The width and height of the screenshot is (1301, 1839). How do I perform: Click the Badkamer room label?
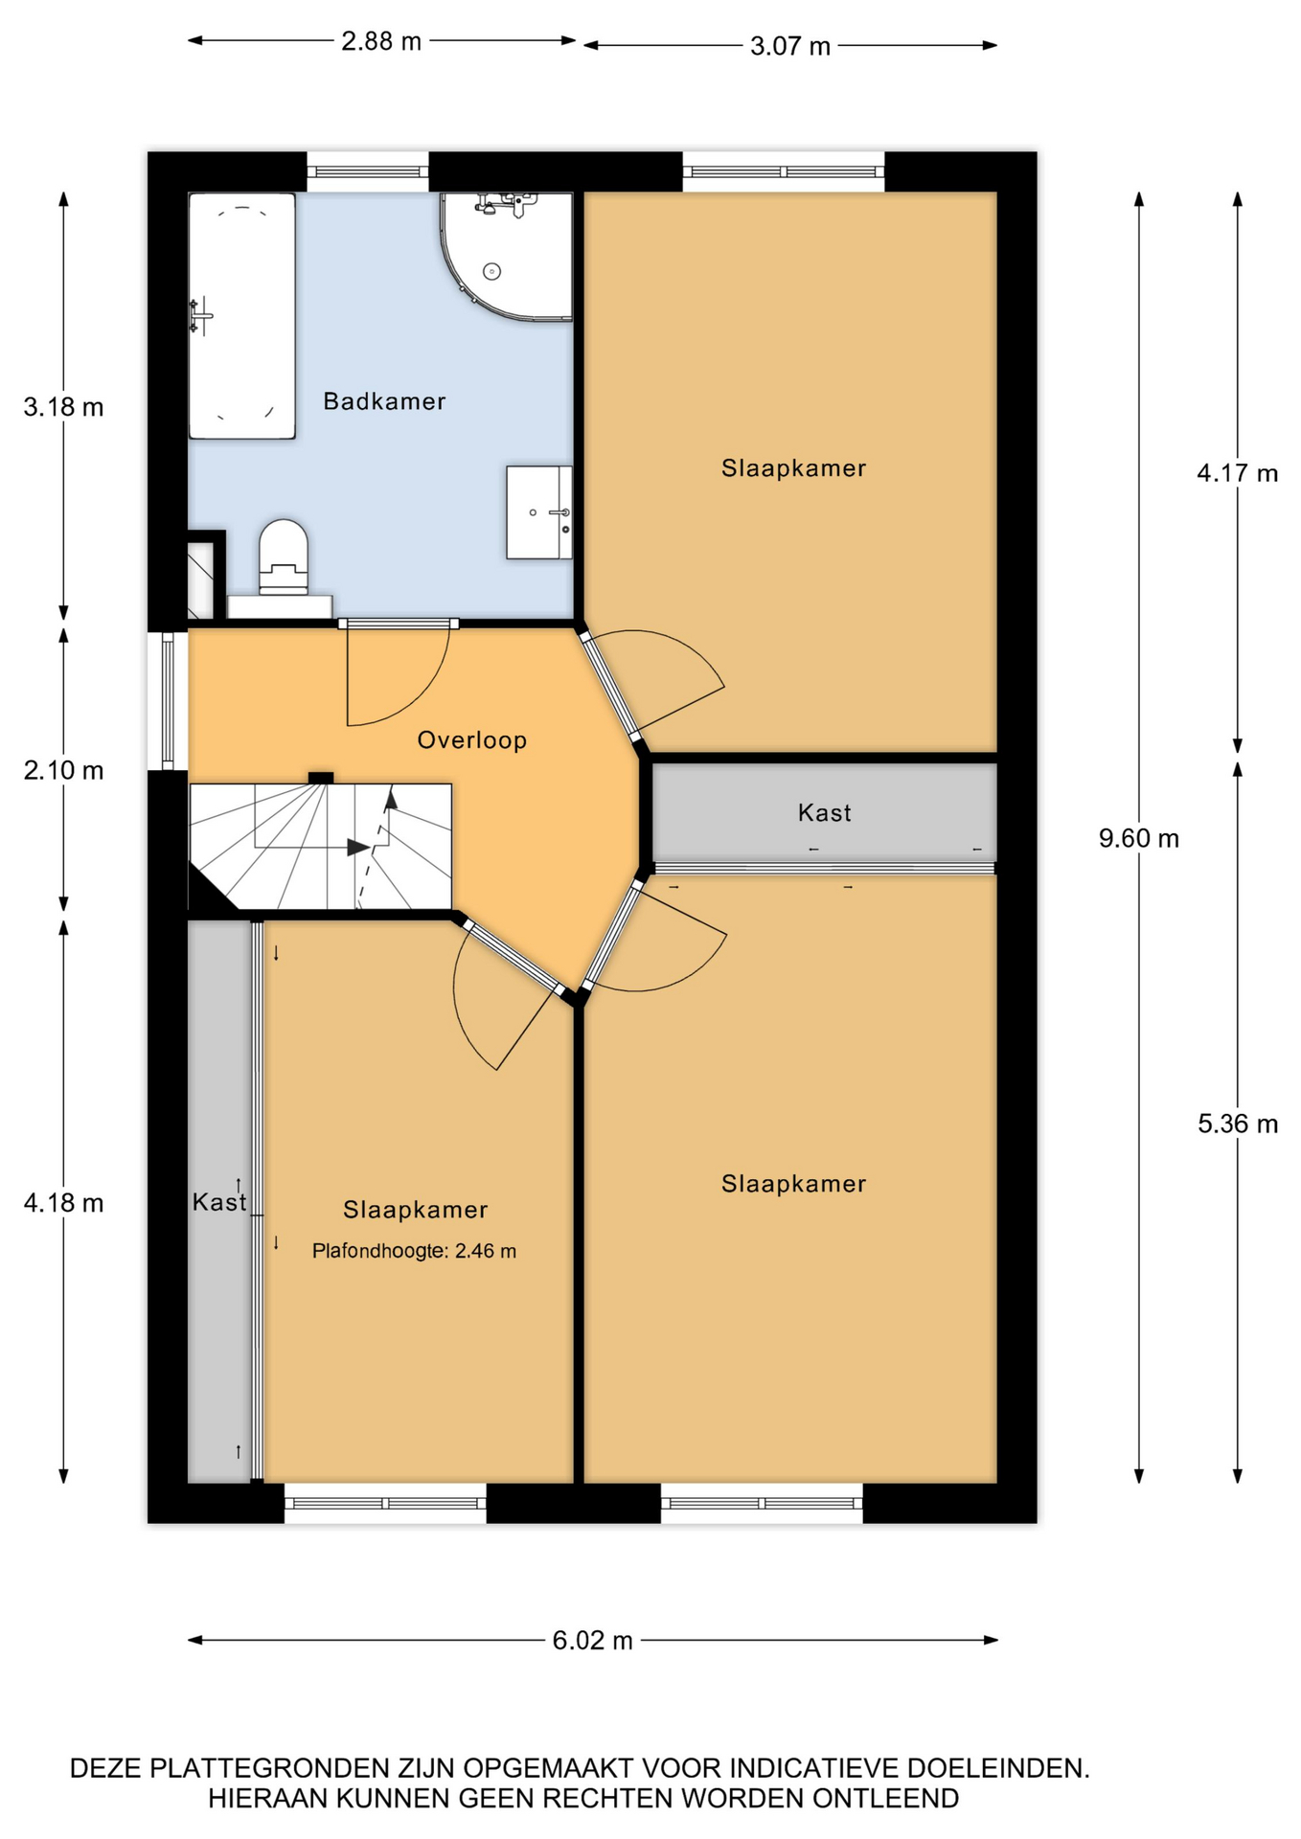(x=384, y=401)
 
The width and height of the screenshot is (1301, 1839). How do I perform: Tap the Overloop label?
(x=472, y=739)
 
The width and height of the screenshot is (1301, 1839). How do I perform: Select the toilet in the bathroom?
(x=283, y=559)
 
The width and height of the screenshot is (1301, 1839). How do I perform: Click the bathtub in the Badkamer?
(x=241, y=316)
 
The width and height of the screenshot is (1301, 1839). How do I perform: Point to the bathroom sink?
(x=538, y=512)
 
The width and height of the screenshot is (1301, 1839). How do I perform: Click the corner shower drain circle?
(x=492, y=272)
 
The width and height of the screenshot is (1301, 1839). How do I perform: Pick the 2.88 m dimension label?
(x=381, y=42)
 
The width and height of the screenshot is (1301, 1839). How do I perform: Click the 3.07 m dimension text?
(x=790, y=46)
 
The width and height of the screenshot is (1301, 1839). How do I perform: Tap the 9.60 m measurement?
(x=1139, y=838)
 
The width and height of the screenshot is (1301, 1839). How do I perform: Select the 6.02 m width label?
(x=593, y=1641)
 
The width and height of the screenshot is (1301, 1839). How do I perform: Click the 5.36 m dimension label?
(x=1238, y=1124)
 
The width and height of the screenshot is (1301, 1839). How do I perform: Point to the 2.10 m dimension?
(x=63, y=770)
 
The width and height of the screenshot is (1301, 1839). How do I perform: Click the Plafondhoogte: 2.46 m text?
(x=414, y=1251)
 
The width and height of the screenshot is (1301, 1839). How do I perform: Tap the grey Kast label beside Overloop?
(x=825, y=813)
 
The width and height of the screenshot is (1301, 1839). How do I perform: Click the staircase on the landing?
(x=320, y=847)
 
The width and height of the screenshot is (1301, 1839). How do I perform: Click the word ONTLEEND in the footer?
(x=886, y=1799)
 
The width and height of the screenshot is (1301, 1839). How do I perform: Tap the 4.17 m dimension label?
(x=1238, y=473)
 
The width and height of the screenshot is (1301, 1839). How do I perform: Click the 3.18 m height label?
(x=63, y=407)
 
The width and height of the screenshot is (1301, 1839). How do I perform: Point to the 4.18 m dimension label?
(x=63, y=1203)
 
